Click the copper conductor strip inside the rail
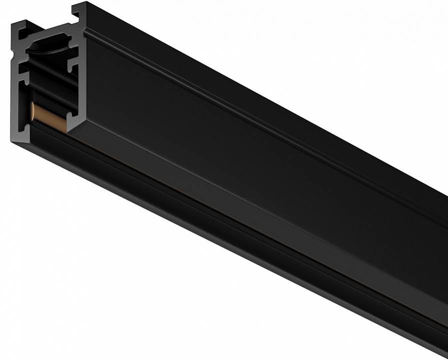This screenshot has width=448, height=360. coord(48,118)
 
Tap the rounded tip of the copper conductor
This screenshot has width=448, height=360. coord(33,110)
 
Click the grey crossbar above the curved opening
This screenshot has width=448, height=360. coord(50,35)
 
